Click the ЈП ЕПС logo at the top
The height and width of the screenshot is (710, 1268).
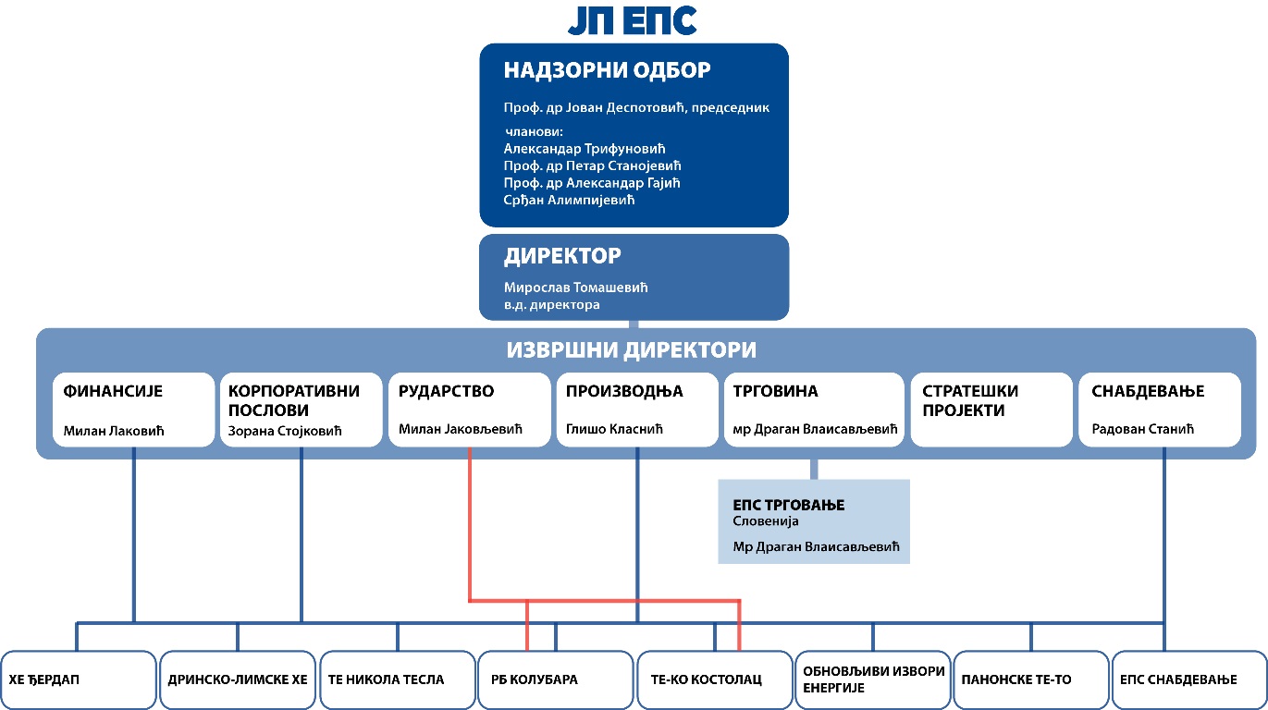pyautogui.click(x=633, y=20)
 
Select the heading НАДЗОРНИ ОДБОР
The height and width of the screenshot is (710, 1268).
pyautogui.click(x=607, y=70)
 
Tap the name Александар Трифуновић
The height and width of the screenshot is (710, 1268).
pyautogui.click(x=585, y=149)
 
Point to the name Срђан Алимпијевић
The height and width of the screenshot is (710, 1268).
pyautogui.click(x=569, y=200)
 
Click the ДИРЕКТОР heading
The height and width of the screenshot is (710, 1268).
pyautogui.click(x=562, y=256)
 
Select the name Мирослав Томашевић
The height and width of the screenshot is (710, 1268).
pyautogui.click(x=575, y=288)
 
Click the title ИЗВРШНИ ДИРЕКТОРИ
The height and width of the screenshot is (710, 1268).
pyautogui.click(x=631, y=349)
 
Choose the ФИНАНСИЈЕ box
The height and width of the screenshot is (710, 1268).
pyautogui.click(x=133, y=410)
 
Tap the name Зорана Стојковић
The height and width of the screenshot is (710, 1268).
pyautogui.click(x=285, y=431)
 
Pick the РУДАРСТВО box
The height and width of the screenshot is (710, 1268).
pyautogui.click(x=469, y=410)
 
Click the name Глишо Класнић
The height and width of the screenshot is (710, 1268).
pyautogui.click(x=614, y=429)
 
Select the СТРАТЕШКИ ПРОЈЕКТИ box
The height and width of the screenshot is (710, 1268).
pyautogui.click(x=991, y=410)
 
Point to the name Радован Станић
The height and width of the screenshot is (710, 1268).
pyautogui.click(x=1143, y=429)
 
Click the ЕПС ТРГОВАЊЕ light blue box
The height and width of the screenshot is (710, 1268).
pyautogui.click(x=814, y=521)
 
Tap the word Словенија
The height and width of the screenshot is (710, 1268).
pyautogui.click(x=765, y=521)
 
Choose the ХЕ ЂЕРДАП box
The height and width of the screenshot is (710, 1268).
pyautogui.click(x=79, y=679)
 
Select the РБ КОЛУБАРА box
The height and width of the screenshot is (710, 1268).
pyautogui.click(x=555, y=679)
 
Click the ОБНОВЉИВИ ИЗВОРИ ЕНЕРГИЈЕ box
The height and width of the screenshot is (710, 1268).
pyautogui.click(x=873, y=679)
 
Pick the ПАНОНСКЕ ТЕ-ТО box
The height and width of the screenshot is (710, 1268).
pyautogui.click(x=1031, y=679)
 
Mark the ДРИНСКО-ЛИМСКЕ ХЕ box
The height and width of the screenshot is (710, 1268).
pyautogui.click(x=238, y=679)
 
